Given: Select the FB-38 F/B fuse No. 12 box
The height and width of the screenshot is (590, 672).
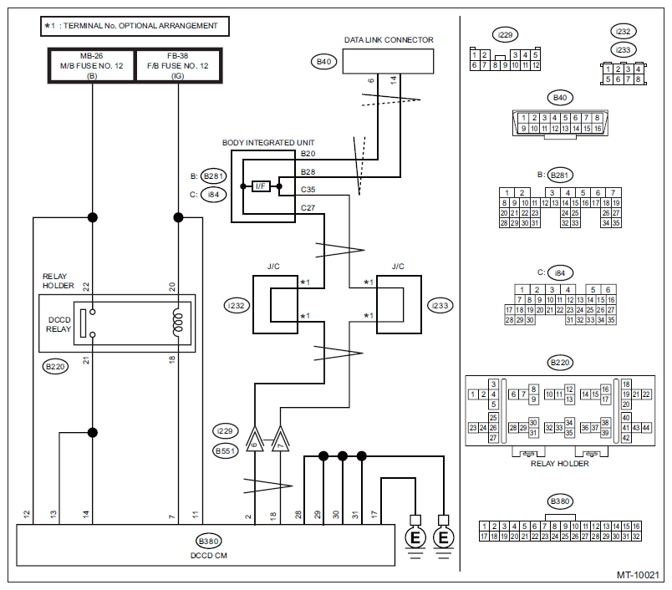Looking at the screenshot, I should [x=178, y=64].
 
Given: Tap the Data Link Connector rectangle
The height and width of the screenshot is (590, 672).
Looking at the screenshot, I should [x=389, y=61].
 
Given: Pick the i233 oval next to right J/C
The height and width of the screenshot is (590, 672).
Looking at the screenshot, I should [x=440, y=305].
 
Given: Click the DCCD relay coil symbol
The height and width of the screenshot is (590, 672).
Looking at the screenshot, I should [x=177, y=323].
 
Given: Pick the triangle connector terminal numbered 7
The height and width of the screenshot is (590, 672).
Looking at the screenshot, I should [x=280, y=442].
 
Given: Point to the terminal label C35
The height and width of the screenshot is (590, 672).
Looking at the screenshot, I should [x=308, y=190].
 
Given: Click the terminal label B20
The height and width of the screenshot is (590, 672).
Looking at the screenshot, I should [x=308, y=154].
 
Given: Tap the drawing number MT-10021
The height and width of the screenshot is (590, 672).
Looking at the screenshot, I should [x=639, y=575].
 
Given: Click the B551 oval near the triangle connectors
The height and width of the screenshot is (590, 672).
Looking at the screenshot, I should [x=224, y=451].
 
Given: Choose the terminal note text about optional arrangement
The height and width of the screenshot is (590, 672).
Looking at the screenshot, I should [x=135, y=26].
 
